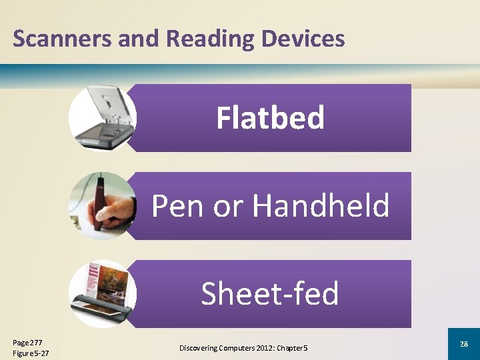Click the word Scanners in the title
[63, 39]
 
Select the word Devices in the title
[303, 39]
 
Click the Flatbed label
[270, 118]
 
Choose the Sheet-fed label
[270, 293]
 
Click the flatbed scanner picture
[101, 117]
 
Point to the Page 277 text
[27, 342]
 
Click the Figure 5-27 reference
[31, 353]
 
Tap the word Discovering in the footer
[200, 348]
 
